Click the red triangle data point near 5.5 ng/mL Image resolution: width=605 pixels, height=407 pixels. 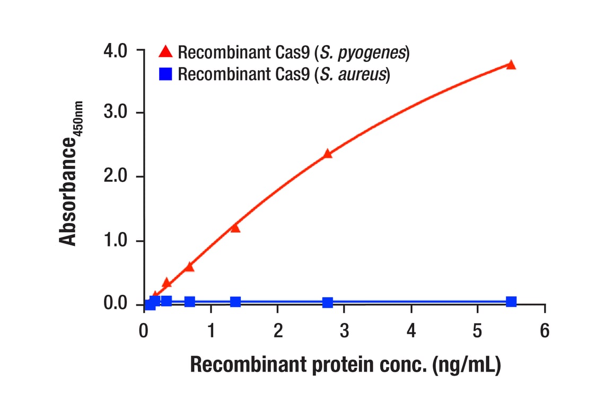511,65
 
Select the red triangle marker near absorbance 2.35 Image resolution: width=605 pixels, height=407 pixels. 327,154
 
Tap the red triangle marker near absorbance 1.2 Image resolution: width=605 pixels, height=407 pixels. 235,228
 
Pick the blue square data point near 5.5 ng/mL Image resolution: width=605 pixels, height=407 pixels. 511,302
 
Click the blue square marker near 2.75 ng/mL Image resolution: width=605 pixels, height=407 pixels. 327,303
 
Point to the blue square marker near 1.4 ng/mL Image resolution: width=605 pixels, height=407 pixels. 235,302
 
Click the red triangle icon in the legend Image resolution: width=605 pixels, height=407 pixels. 166,52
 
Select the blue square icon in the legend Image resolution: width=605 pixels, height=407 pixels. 166,74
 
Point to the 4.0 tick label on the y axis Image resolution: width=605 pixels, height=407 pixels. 116,51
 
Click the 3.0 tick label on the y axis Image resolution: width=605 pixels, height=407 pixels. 116,113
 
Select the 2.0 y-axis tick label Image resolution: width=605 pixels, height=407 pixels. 116,177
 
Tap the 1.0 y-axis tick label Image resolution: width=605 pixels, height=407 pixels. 116,241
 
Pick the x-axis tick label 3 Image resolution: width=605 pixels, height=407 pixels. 344,331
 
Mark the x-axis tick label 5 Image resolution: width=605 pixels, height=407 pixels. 478,331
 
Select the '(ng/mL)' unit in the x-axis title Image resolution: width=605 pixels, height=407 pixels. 466,365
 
